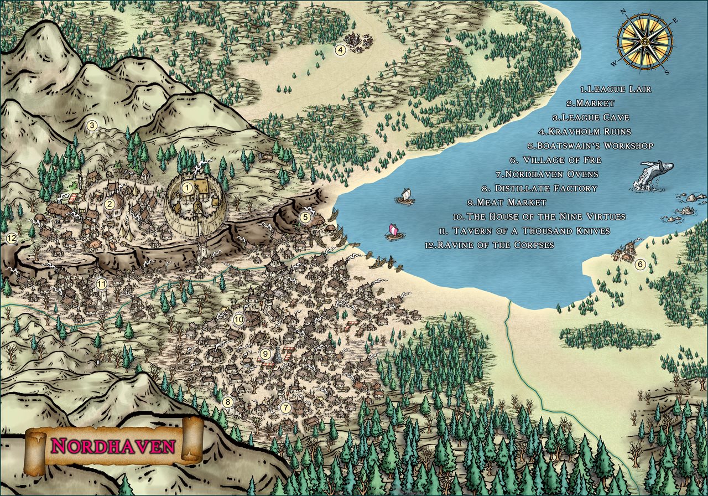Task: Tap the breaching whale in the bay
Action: [x=655, y=174]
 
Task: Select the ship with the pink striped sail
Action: [x=394, y=231]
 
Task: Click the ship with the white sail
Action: [x=406, y=197]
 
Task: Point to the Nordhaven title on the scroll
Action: [x=113, y=446]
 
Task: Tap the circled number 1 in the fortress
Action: [x=188, y=188]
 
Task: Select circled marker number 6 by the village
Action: [x=640, y=265]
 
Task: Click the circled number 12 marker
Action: [x=11, y=238]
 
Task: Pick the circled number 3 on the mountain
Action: [x=92, y=125]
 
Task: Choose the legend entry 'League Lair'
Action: [x=616, y=89]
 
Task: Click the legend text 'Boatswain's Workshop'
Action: [x=590, y=146]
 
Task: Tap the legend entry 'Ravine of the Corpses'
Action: [x=490, y=245]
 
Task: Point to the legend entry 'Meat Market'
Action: [x=507, y=203]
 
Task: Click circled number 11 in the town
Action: [x=101, y=284]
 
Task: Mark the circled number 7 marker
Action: [x=285, y=408]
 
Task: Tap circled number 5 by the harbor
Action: [x=305, y=218]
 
